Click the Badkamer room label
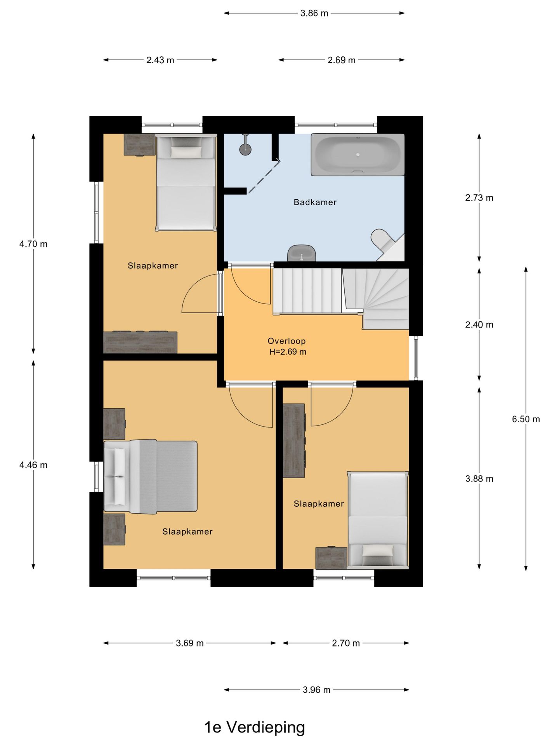315,202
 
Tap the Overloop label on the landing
286,341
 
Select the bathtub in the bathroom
358,155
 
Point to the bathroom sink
302,253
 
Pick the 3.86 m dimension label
314,13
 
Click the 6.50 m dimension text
526,419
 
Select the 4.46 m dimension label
33,465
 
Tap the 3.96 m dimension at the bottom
316,690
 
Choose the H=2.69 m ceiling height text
288,352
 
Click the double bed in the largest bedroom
151,477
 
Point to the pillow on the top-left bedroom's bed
186,152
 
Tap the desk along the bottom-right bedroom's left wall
294,441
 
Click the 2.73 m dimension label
479,198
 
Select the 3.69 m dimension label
189,643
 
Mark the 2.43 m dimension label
160,60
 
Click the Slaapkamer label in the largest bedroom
187,532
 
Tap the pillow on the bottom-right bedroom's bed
378,550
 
